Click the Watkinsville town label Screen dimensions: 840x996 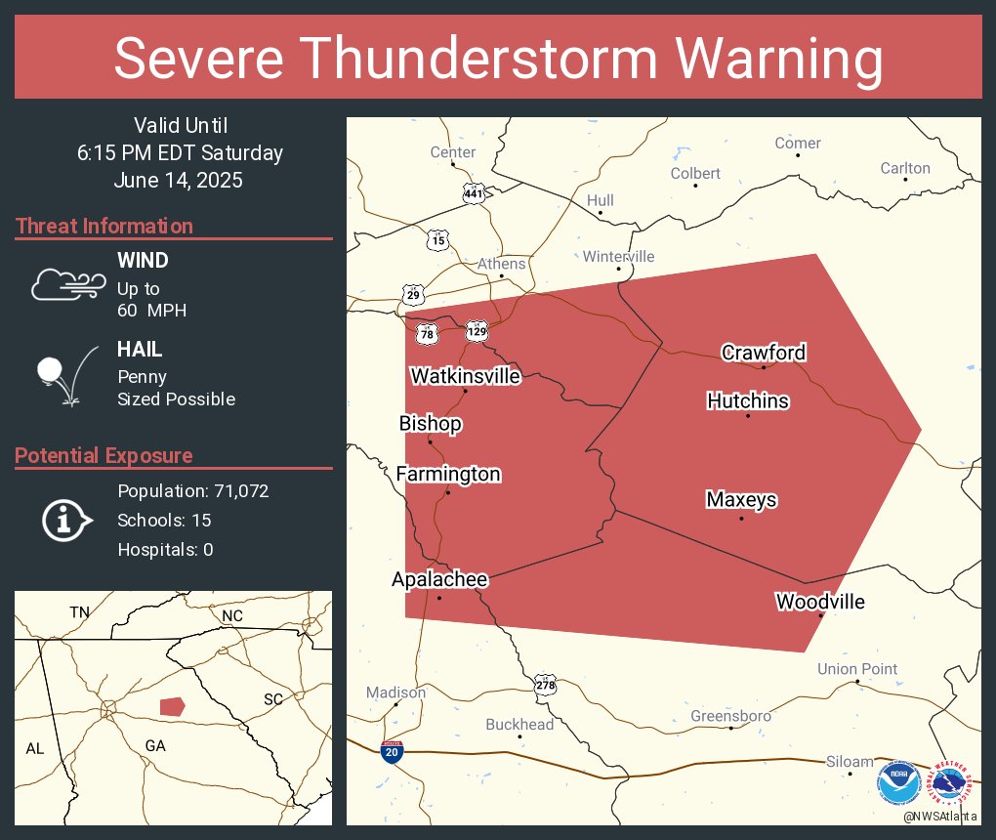465,376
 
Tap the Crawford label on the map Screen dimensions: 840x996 764,353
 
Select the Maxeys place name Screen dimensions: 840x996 741,500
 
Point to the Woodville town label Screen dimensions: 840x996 820,602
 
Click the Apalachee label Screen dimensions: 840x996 439,579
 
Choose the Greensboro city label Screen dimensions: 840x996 730,716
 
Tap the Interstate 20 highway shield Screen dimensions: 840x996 393,751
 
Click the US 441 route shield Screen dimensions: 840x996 474,193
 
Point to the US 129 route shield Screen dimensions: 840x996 477,332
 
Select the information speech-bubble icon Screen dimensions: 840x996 65,521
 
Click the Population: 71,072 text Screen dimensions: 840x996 192,491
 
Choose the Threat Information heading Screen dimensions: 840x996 104,227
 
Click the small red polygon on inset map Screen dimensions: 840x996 172,705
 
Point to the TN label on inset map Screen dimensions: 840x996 79,612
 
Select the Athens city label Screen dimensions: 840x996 501,264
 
